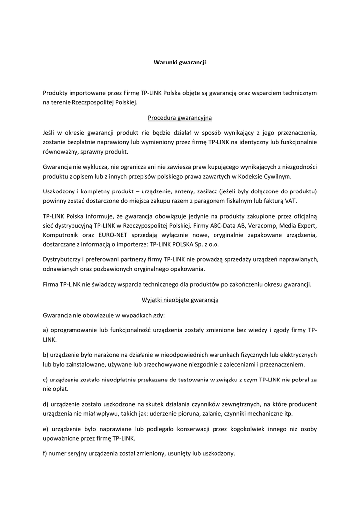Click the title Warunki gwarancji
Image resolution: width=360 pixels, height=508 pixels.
(x=180, y=63)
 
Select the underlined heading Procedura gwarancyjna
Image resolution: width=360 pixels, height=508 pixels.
(x=180, y=118)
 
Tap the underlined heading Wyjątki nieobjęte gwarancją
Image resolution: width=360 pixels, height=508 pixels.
(x=180, y=300)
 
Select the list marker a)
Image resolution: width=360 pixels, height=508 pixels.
(x=45, y=330)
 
